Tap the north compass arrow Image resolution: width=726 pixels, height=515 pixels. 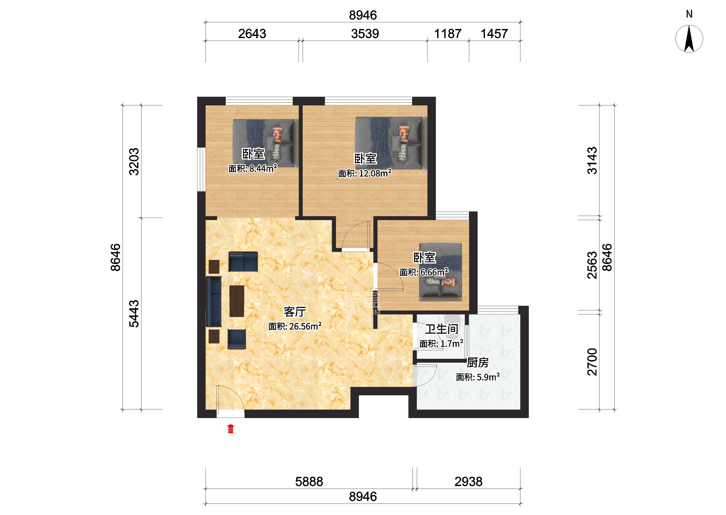coord(689,39)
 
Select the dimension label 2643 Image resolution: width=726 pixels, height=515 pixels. coord(252,34)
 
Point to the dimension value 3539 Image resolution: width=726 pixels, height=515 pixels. coord(365,34)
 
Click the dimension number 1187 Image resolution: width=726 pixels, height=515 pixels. coord(448,34)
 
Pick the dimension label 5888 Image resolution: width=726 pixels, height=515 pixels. coord(309,482)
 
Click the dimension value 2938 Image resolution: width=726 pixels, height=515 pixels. coord(469,482)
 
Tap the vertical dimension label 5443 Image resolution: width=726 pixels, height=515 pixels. coord(134,314)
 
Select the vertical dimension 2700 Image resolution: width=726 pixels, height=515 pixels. coord(592,362)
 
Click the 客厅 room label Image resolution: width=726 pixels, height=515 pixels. coord(295,312)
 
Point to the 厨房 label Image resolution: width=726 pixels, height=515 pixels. coord(478,362)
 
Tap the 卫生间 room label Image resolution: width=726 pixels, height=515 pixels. coord(441,329)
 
